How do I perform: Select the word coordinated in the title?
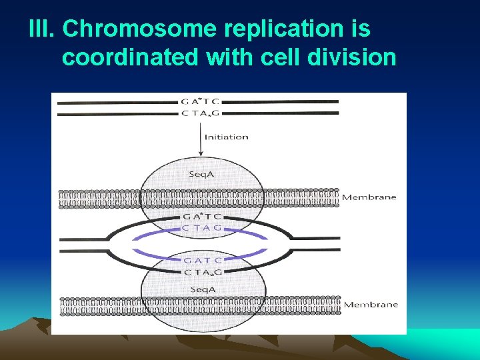coord(130,58)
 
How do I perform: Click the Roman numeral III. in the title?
coord(43,29)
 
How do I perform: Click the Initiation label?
coord(226,137)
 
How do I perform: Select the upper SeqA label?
coord(199,173)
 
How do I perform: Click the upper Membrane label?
coord(369,197)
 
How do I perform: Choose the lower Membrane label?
coord(370,305)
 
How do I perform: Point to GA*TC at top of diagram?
coord(200,102)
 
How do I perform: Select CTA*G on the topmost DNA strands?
coord(200,113)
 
